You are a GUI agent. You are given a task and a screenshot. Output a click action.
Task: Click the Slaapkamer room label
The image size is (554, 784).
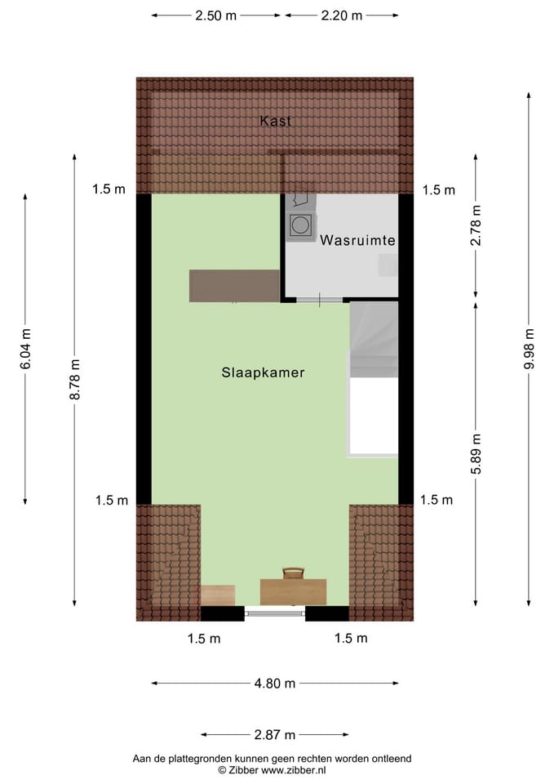point(263,372)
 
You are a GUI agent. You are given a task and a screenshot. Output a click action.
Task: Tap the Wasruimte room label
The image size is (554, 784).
point(358,241)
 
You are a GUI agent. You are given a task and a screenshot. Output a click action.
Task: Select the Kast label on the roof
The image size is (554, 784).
point(275,121)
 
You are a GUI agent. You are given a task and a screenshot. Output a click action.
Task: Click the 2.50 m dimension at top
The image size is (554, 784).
point(215,16)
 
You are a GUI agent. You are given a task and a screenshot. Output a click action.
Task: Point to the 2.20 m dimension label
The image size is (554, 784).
point(341,16)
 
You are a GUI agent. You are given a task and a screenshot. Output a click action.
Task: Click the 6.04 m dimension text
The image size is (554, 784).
point(25,348)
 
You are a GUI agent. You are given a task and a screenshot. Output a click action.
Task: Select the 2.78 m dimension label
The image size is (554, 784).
point(477,225)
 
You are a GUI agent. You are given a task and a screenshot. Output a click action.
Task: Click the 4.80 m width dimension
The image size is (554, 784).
point(275,684)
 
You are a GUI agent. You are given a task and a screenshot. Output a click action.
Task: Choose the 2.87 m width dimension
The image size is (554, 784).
point(274,734)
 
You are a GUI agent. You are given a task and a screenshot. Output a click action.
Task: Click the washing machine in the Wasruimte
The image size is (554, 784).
point(299,225)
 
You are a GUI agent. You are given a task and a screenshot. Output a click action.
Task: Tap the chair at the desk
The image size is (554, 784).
point(293,573)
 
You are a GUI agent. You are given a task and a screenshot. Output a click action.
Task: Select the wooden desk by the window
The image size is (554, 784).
point(293,591)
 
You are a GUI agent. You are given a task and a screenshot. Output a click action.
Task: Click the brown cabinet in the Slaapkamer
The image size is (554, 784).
point(234,286)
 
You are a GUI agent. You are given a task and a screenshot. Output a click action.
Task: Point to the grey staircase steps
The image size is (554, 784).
point(374,339)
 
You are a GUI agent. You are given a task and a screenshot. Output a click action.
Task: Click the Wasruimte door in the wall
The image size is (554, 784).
point(320,300)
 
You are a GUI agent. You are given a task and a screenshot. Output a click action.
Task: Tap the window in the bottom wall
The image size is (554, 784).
point(275,612)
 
